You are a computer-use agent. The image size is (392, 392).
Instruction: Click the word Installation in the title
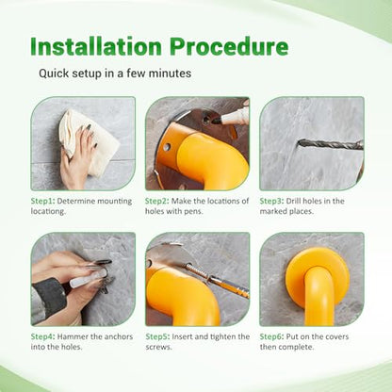click(96, 46)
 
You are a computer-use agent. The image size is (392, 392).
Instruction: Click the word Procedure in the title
click(229, 46)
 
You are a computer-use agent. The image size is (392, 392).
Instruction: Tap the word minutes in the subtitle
click(170, 73)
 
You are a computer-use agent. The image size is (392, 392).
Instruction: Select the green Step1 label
click(42, 202)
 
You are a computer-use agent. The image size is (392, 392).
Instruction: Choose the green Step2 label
click(157, 202)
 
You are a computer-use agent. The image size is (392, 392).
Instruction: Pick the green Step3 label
click(271, 202)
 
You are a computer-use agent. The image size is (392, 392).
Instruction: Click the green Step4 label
click(42, 337)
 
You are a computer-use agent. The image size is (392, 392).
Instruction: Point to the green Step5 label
click(157, 337)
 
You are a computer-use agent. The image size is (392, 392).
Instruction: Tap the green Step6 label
click(271, 337)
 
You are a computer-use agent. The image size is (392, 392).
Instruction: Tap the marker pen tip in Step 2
click(217, 120)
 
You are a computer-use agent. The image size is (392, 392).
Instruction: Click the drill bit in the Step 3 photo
click(331, 145)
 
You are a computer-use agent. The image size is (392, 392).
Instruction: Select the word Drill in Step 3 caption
click(293, 202)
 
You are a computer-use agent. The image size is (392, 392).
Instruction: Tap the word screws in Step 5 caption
click(158, 348)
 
